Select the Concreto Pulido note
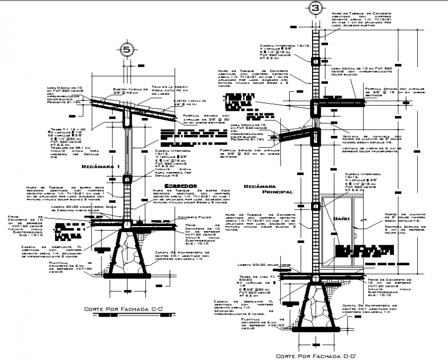(x=192, y=218)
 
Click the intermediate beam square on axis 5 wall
(x=127, y=180)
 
